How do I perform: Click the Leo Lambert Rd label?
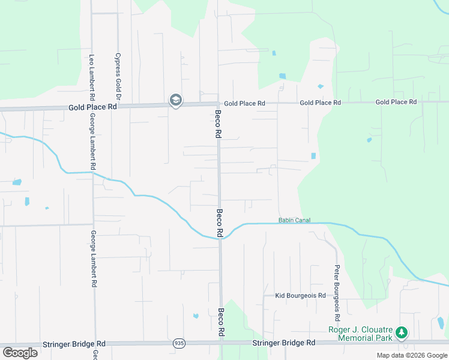tap(92, 77)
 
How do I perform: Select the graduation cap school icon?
tap(176, 100)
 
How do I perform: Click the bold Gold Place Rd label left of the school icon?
tap(92, 107)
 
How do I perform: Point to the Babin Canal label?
tap(294, 220)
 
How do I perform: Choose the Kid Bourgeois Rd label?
tap(300, 295)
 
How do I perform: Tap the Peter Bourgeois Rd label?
tap(337, 292)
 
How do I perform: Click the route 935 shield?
tap(179, 343)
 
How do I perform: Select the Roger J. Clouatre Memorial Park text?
tap(360, 334)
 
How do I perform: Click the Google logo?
tap(20, 352)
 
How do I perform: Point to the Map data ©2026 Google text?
tap(412, 355)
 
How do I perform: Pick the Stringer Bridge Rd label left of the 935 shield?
tap(74, 344)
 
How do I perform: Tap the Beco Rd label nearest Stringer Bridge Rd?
tap(221, 322)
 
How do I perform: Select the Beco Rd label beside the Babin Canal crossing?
tap(220, 223)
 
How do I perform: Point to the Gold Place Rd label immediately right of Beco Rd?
tap(244, 103)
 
